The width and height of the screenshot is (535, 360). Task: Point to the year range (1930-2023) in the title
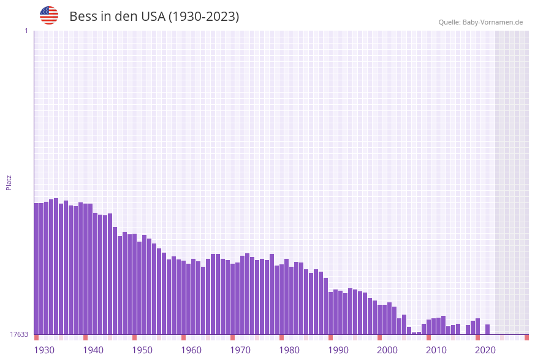tap(203, 17)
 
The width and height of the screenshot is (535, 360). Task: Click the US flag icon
tap(49, 15)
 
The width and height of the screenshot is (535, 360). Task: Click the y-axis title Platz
tap(9, 182)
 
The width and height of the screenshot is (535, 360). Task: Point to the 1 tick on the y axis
tap(26, 31)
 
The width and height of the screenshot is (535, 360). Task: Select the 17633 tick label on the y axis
tap(19, 334)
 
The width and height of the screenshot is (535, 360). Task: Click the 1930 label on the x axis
tap(44, 350)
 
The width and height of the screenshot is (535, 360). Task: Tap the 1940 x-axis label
tap(93, 350)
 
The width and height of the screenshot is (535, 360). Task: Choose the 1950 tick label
tap(142, 350)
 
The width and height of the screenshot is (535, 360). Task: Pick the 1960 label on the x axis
tap(191, 350)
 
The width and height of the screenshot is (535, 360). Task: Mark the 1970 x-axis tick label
tap(240, 350)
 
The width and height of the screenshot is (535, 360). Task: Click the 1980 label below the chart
tap(289, 350)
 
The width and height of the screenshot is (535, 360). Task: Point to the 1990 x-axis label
tap(338, 350)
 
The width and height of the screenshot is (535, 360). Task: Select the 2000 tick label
tap(387, 350)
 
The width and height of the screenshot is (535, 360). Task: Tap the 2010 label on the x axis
tap(436, 350)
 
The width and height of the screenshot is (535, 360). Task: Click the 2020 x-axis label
tap(485, 350)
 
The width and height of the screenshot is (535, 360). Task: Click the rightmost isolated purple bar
tap(487, 329)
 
